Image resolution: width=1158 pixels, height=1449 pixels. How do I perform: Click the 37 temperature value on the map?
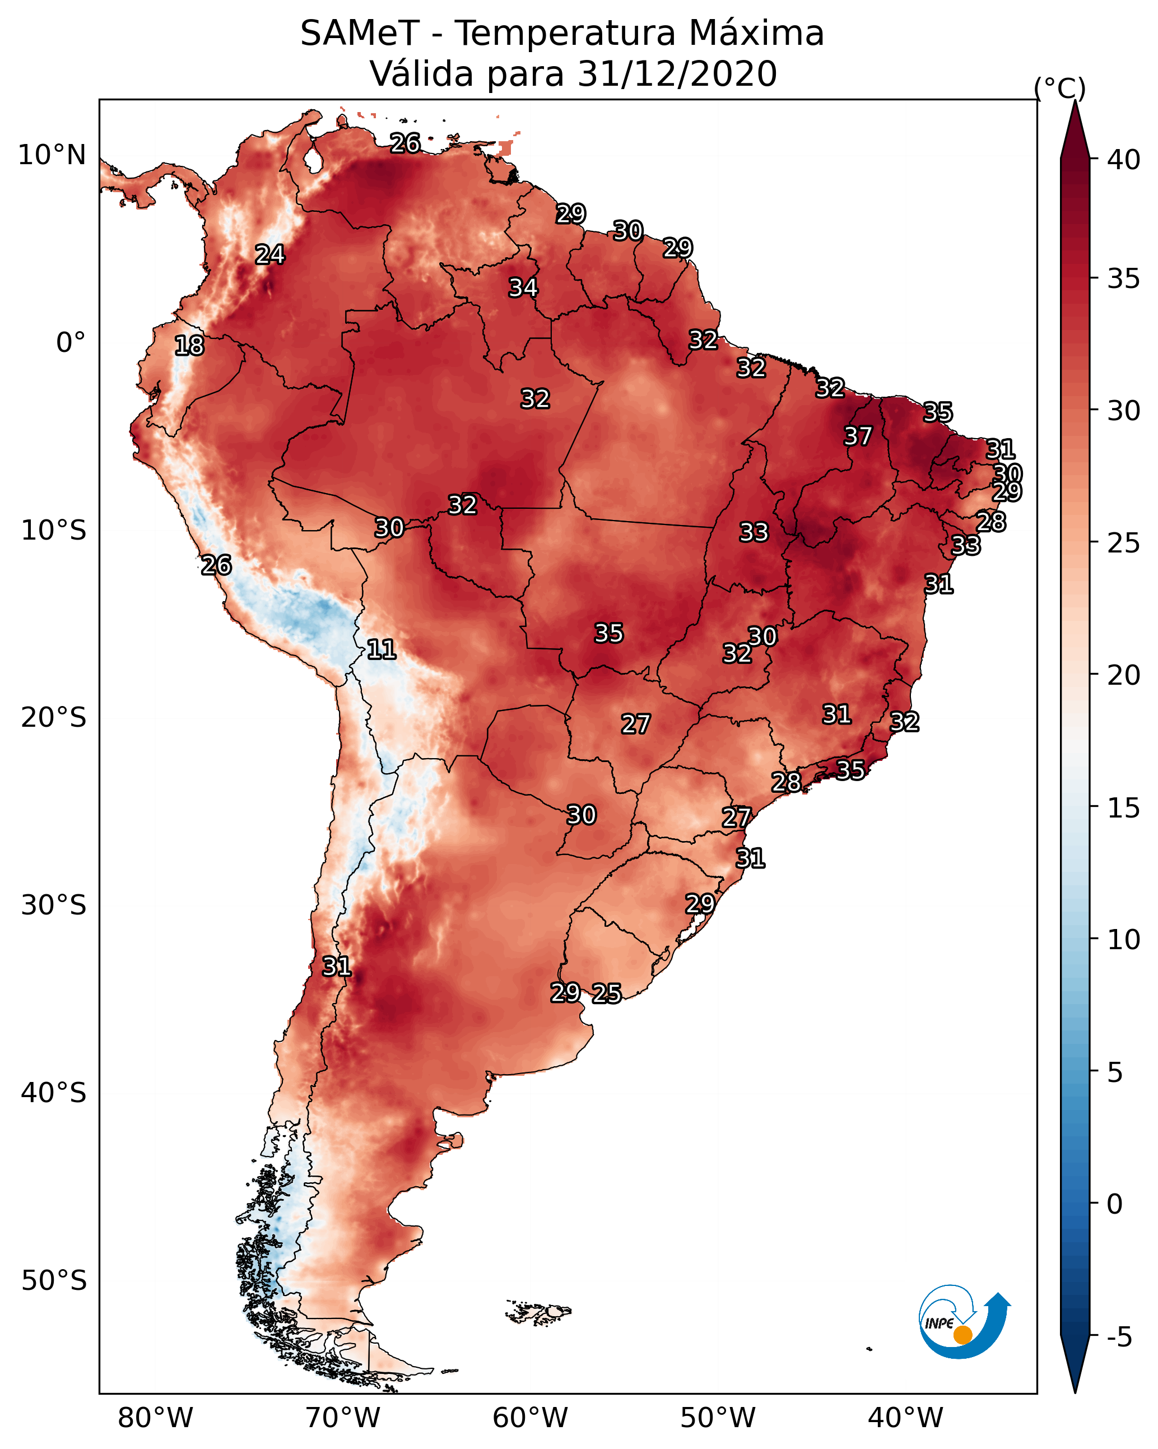pos(858,436)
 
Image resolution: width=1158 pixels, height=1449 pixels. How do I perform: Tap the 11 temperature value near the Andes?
pos(382,649)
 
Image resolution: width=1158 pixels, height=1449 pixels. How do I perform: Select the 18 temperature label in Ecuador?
pos(189,346)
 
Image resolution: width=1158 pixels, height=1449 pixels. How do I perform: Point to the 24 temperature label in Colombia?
pos(270,254)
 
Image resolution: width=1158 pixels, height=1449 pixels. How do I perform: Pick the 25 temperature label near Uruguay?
pos(607,993)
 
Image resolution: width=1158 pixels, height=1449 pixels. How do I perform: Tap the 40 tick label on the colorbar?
pos(1124,160)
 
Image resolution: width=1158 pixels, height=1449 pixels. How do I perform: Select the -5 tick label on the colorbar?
pos(1120,1337)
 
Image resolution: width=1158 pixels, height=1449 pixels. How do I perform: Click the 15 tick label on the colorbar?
pos(1124,808)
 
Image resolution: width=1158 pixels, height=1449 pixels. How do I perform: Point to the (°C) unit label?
pos(1060,88)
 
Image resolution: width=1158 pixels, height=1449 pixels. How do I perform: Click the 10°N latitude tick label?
pos(52,155)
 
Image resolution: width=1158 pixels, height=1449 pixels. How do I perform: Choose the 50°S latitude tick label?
pos(54,1281)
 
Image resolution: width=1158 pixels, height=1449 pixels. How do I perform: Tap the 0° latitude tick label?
pos(71,343)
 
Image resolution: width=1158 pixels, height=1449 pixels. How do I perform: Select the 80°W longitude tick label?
pos(155,1418)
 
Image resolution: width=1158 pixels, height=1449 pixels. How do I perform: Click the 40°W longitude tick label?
pos(905,1418)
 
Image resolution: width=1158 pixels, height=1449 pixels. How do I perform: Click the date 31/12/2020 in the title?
pos(677,74)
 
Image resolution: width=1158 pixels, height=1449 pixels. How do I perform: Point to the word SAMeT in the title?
pos(360,34)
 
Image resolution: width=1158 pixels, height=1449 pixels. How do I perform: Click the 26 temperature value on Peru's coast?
pos(216,565)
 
